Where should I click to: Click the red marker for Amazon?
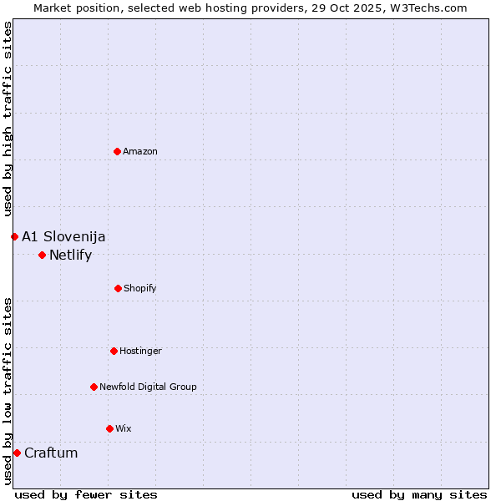117,151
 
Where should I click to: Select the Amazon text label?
140,151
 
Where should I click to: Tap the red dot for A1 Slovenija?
14,236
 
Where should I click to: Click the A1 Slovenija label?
63,236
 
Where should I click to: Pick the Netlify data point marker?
42,255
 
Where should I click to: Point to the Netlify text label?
70,256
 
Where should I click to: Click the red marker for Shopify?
118,288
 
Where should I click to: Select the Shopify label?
140,288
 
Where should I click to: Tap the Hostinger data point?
114,351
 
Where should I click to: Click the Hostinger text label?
140,351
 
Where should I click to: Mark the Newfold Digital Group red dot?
94,387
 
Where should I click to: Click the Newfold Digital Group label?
148,387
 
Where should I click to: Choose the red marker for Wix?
109,428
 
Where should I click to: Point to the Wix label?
124,428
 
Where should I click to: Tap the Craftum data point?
17,453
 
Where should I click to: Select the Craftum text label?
51,453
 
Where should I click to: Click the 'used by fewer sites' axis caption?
86,494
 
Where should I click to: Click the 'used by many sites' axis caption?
419,494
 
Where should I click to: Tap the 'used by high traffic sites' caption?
8,119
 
